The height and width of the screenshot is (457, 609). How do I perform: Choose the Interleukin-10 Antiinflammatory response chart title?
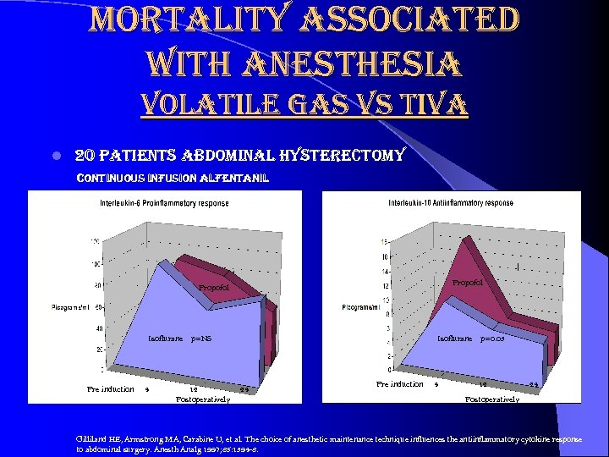point(450,203)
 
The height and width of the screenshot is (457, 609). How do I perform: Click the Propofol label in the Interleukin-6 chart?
point(213,289)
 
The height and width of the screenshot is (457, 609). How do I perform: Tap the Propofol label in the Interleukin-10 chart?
point(468,282)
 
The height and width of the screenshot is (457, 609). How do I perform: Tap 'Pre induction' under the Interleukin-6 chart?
point(111,389)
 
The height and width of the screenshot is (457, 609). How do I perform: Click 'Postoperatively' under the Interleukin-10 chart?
point(492,399)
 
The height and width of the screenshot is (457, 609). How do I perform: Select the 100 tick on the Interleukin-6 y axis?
point(95,263)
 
